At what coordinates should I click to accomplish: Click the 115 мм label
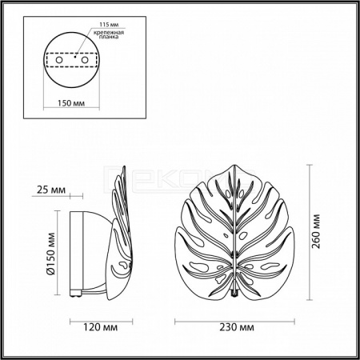pos(109,25)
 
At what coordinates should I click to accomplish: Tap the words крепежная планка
pos(109,35)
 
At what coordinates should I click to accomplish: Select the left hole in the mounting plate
pos(59,60)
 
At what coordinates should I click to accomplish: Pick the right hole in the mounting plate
pos(85,60)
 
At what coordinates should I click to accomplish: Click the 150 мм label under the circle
pos(71,103)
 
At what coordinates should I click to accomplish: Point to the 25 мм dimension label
pos(51,190)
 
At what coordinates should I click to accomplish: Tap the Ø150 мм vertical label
pos(50,254)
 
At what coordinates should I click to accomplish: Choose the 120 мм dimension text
pos(101,327)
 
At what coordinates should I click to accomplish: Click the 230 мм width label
pos(237,327)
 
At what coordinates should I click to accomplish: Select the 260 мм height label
pos(316,231)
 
